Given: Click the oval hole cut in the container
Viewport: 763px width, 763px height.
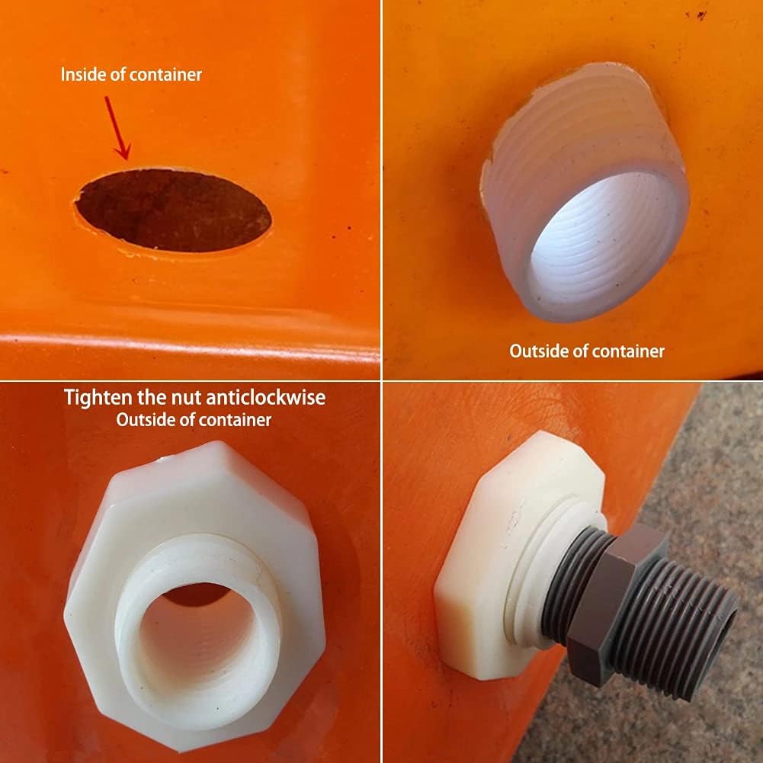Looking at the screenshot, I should pyautogui.click(x=173, y=210).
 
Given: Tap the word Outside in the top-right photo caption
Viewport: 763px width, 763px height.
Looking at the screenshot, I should pyautogui.click(x=537, y=351).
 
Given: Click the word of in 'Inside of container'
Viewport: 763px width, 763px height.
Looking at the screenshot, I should pyautogui.click(x=118, y=75).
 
